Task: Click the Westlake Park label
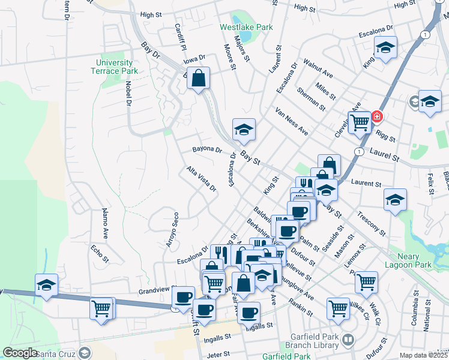pyautogui.click(x=246, y=27)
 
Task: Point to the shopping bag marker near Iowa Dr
pyautogui.click(x=197, y=78)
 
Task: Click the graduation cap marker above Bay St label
pyautogui.click(x=244, y=129)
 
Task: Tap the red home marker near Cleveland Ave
pyautogui.click(x=377, y=116)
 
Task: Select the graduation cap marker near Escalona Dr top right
pyautogui.click(x=385, y=47)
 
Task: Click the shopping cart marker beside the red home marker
pyautogui.click(x=360, y=122)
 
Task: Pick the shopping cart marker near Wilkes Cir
pyautogui.click(x=338, y=308)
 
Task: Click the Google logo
pyautogui.click(x=20, y=353)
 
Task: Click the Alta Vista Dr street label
pyautogui.click(x=201, y=179)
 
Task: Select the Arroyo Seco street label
pyautogui.click(x=172, y=230)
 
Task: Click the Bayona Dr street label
pyautogui.click(x=207, y=149)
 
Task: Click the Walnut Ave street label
pyautogui.click(x=318, y=67)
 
